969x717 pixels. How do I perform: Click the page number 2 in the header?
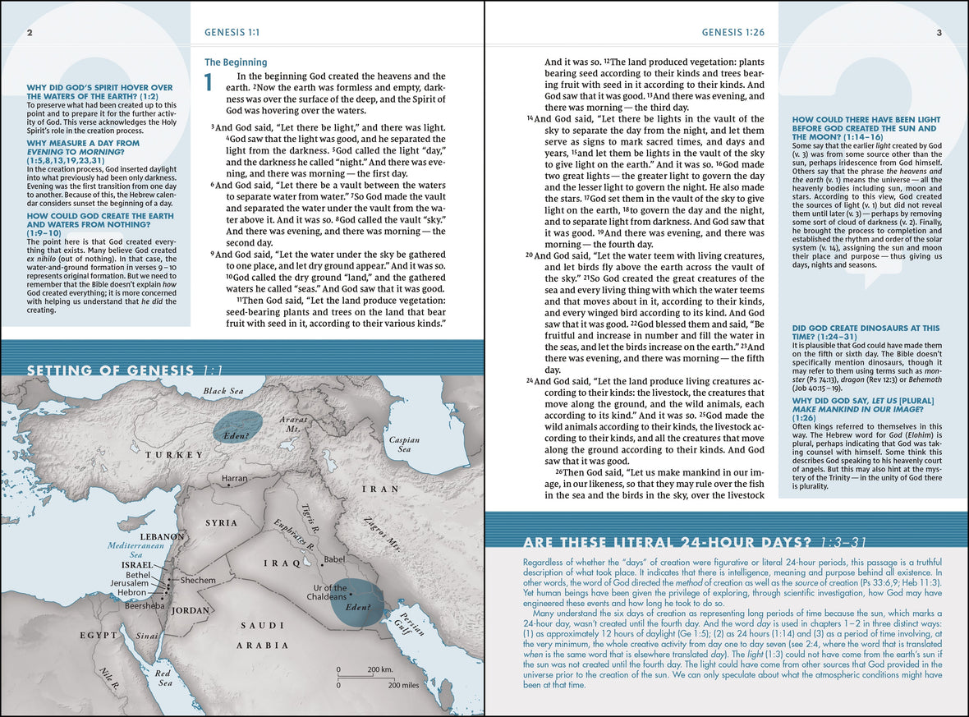coord(30,33)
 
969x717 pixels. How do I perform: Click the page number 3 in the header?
coord(939,33)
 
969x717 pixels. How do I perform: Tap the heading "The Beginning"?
coord(235,62)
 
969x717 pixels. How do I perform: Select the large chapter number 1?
coord(209,83)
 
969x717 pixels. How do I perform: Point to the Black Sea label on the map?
coord(226,391)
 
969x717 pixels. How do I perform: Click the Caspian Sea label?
coord(404,444)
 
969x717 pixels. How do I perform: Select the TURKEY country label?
coord(173,455)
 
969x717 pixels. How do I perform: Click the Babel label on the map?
coord(335,559)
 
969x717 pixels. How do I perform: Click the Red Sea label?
coord(163,677)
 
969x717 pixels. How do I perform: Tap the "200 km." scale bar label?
coord(380,669)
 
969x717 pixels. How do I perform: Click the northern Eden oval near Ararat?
coord(237,426)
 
